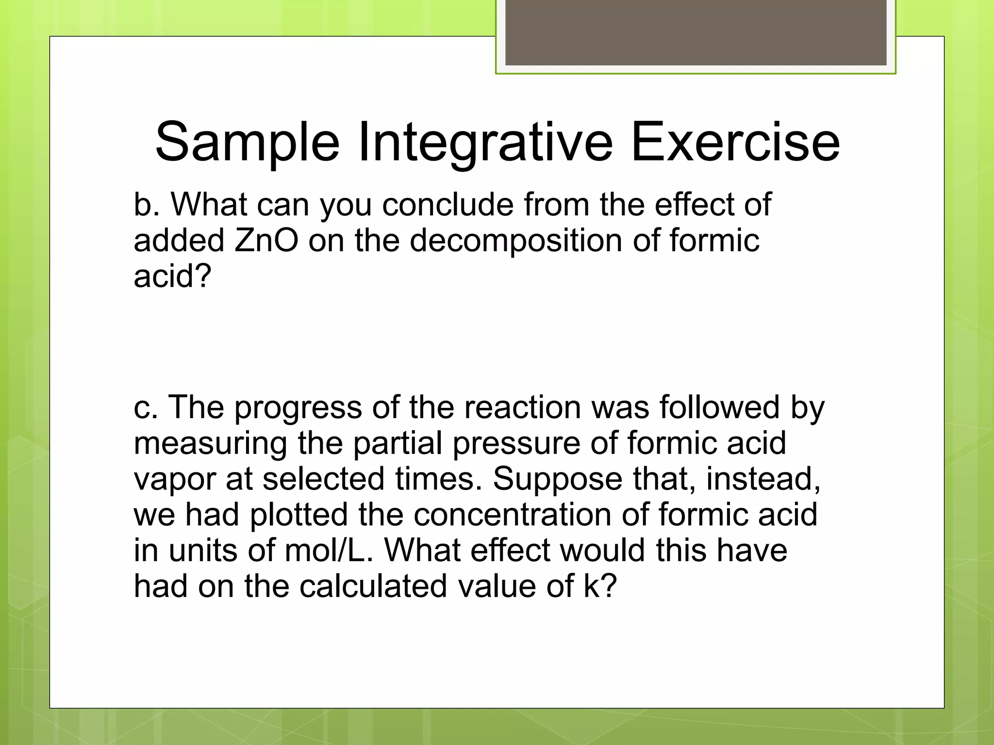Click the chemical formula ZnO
tap(266, 241)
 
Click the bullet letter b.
tap(146, 205)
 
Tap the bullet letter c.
tap(146, 407)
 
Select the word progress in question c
tap(298, 407)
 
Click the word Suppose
tap(557, 480)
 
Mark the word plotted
tap(298, 515)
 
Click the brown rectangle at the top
tap(696, 32)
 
